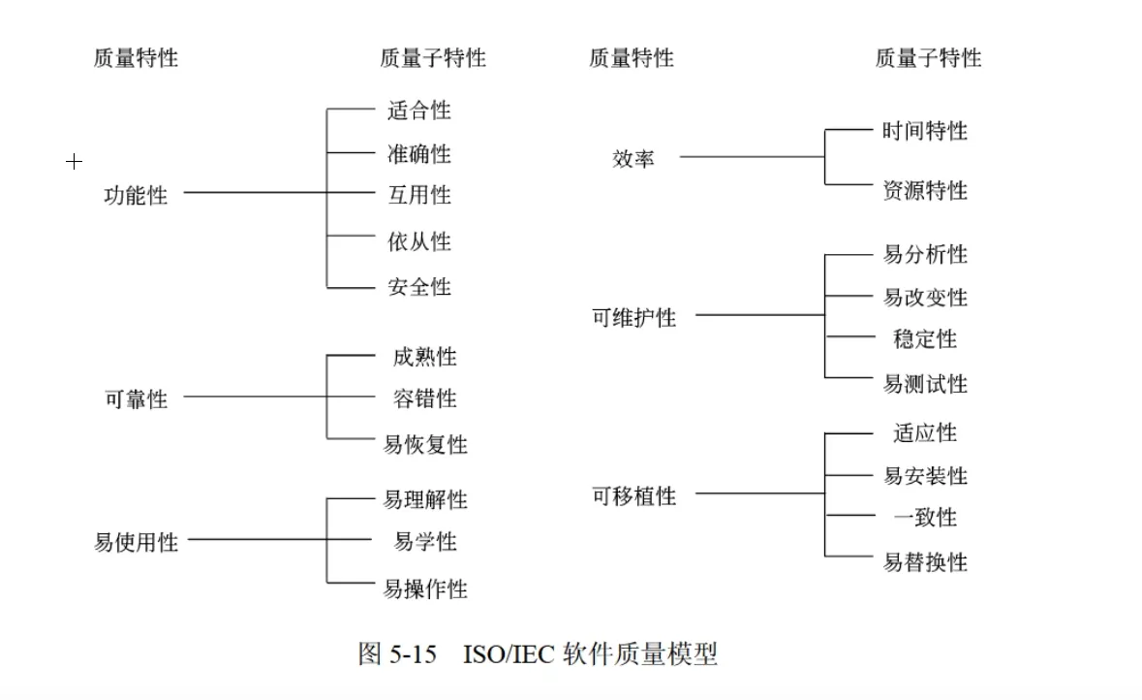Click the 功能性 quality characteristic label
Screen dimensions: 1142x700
point(137,196)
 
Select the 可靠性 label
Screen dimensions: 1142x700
point(137,399)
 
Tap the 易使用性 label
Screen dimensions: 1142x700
point(137,543)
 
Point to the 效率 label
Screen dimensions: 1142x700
point(633,159)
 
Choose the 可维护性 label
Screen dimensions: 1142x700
point(634,318)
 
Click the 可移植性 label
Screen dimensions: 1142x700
point(634,496)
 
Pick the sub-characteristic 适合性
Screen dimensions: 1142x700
point(419,111)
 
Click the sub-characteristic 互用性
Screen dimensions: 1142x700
point(419,196)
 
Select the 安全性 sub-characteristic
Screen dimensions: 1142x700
point(419,287)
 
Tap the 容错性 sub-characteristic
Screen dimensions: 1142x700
point(425,398)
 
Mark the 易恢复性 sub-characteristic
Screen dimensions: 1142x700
point(426,445)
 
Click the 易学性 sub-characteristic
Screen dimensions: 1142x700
point(425,542)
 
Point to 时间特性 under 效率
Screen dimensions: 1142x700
point(925,131)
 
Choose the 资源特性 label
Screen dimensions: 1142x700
point(925,191)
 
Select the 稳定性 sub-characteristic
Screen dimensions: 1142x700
point(925,339)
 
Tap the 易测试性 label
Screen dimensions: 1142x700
point(925,384)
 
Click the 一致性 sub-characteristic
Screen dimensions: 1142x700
point(925,518)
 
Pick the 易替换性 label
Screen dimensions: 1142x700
point(925,562)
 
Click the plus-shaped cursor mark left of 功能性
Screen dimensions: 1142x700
point(74,162)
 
